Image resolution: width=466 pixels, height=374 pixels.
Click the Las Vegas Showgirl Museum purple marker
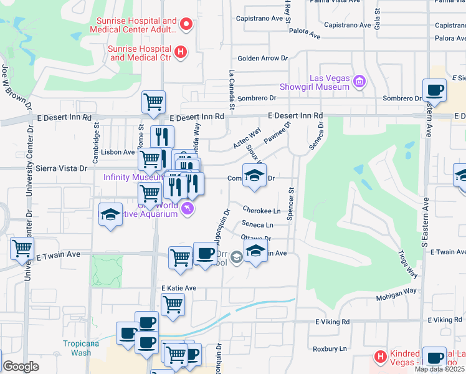click(x=359, y=82)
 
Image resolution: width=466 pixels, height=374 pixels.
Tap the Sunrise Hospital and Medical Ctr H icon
click(x=180, y=52)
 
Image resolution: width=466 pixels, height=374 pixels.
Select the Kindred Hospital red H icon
click(x=379, y=357)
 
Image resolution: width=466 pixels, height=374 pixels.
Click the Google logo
click(x=21, y=367)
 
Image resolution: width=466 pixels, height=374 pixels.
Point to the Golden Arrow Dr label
click(x=262, y=59)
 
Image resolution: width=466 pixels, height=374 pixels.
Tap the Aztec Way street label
click(x=247, y=139)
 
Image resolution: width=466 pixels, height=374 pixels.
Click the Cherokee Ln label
click(x=261, y=211)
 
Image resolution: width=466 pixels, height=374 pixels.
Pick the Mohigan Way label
click(x=396, y=290)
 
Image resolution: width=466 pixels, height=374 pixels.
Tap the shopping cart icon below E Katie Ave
click(x=173, y=304)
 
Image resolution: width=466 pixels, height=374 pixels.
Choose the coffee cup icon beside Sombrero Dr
click(x=435, y=90)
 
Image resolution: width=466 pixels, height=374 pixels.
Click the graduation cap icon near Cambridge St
click(x=110, y=215)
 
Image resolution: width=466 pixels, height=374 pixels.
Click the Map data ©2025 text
click(x=440, y=369)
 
